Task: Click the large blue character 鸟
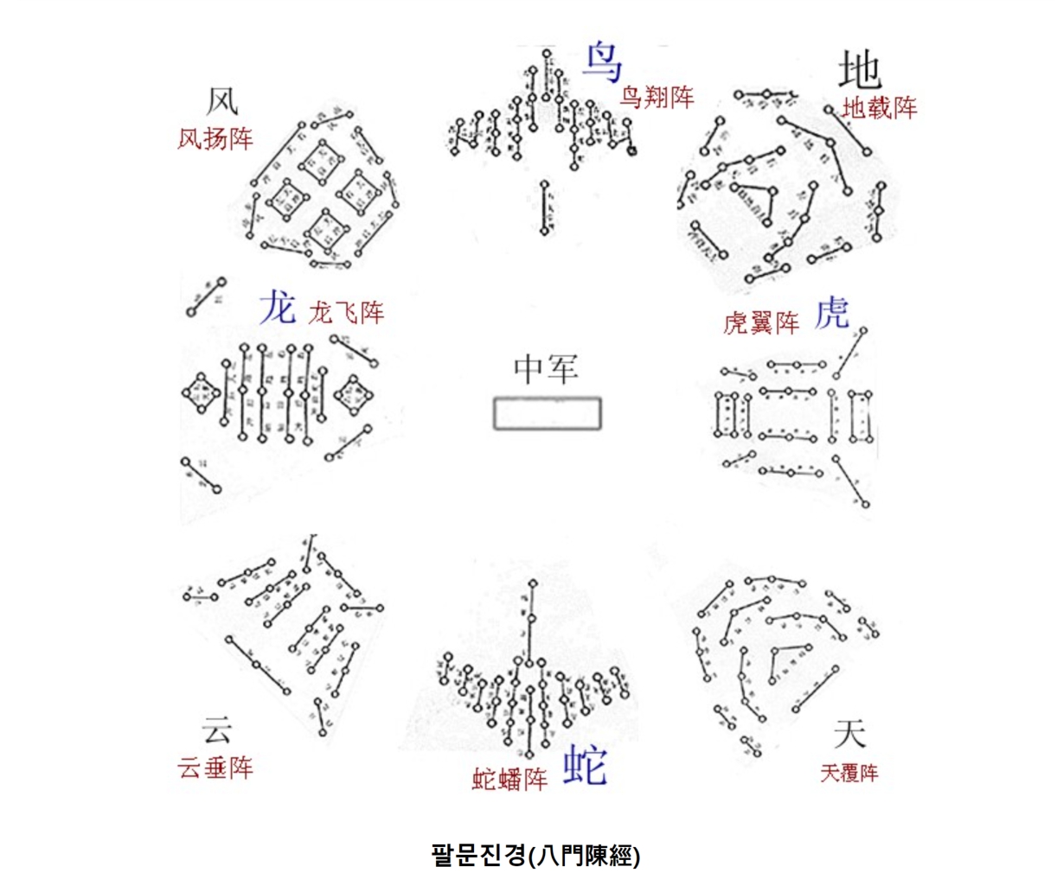tap(603, 61)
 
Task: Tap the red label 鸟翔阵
tap(657, 97)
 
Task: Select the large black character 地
tap(860, 69)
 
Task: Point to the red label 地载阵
tap(879, 108)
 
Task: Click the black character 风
tap(221, 101)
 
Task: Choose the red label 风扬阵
tap(215, 138)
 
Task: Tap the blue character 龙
tap(278, 308)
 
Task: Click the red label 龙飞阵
tap(346, 312)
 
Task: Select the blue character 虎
tap(832, 313)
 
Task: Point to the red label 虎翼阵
tap(761, 322)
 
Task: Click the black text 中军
tap(546, 369)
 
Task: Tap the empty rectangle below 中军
tap(547, 413)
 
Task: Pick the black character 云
tap(217, 730)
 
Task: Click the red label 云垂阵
tap(215, 768)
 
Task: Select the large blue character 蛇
tap(586, 765)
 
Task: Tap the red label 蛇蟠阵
tap(509, 779)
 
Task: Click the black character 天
tap(849, 734)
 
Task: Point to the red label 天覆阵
tap(849, 773)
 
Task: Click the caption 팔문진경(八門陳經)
tap(535, 855)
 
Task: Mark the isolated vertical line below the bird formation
tap(544, 207)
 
